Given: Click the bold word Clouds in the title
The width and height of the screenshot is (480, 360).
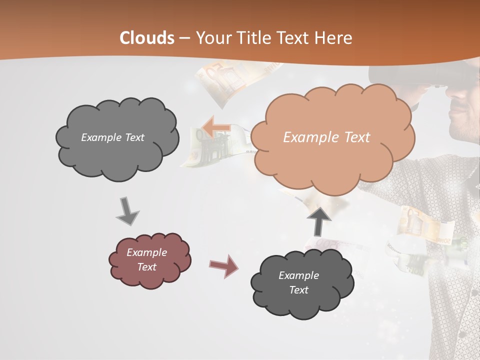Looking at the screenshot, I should tap(147, 38).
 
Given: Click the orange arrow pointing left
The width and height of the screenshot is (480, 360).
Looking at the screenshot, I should tap(215, 127).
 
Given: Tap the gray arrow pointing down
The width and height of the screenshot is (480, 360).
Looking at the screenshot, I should tap(127, 212).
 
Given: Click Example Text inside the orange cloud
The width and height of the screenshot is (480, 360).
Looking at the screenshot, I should tap(326, 137).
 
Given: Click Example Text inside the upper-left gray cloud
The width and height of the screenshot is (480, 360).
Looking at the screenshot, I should tap(112, 137).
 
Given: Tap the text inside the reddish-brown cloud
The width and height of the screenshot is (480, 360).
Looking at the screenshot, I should tap(146, 259).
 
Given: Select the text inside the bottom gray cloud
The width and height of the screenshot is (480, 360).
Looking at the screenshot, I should tap(298, 282).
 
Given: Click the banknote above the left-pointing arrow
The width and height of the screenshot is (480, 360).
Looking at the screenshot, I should tap(222, 80).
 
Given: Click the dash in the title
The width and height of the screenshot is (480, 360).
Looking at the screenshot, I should tap(184, 38).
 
